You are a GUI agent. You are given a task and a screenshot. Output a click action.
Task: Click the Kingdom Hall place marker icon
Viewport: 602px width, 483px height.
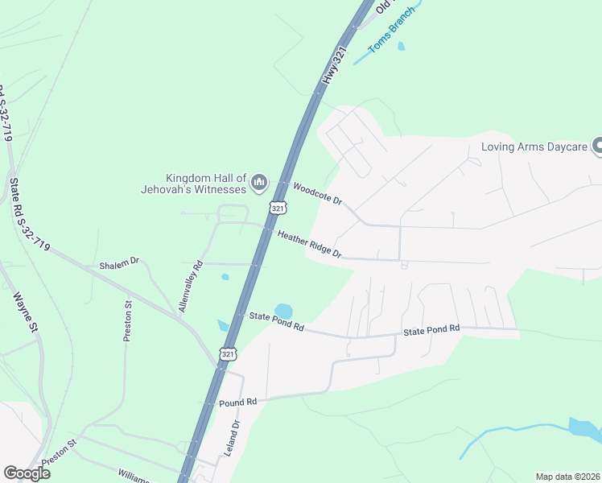259,184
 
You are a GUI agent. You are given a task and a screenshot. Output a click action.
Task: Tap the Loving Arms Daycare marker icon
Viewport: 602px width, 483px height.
597,146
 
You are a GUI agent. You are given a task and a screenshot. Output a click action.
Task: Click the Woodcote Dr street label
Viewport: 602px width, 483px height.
318,194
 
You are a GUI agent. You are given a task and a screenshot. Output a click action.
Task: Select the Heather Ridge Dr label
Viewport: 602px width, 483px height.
310,245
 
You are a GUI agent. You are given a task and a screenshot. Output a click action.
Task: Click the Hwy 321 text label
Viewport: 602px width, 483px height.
334,66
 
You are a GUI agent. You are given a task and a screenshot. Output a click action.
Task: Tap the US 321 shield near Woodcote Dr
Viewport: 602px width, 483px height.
278,208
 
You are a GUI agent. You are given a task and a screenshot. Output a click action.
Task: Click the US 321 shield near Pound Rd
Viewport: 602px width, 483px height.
229,354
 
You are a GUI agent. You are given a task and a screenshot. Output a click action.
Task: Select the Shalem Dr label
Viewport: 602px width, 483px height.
119,262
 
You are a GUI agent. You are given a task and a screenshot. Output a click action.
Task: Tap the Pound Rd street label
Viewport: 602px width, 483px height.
237,402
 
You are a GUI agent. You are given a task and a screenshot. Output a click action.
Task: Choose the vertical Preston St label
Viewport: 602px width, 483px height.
127,321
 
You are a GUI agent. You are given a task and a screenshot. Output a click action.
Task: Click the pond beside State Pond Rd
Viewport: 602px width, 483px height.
283,311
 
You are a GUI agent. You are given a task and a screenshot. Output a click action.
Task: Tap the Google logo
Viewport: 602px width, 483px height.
27,473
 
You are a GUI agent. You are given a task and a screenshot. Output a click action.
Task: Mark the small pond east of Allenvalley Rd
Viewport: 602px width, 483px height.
225,277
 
